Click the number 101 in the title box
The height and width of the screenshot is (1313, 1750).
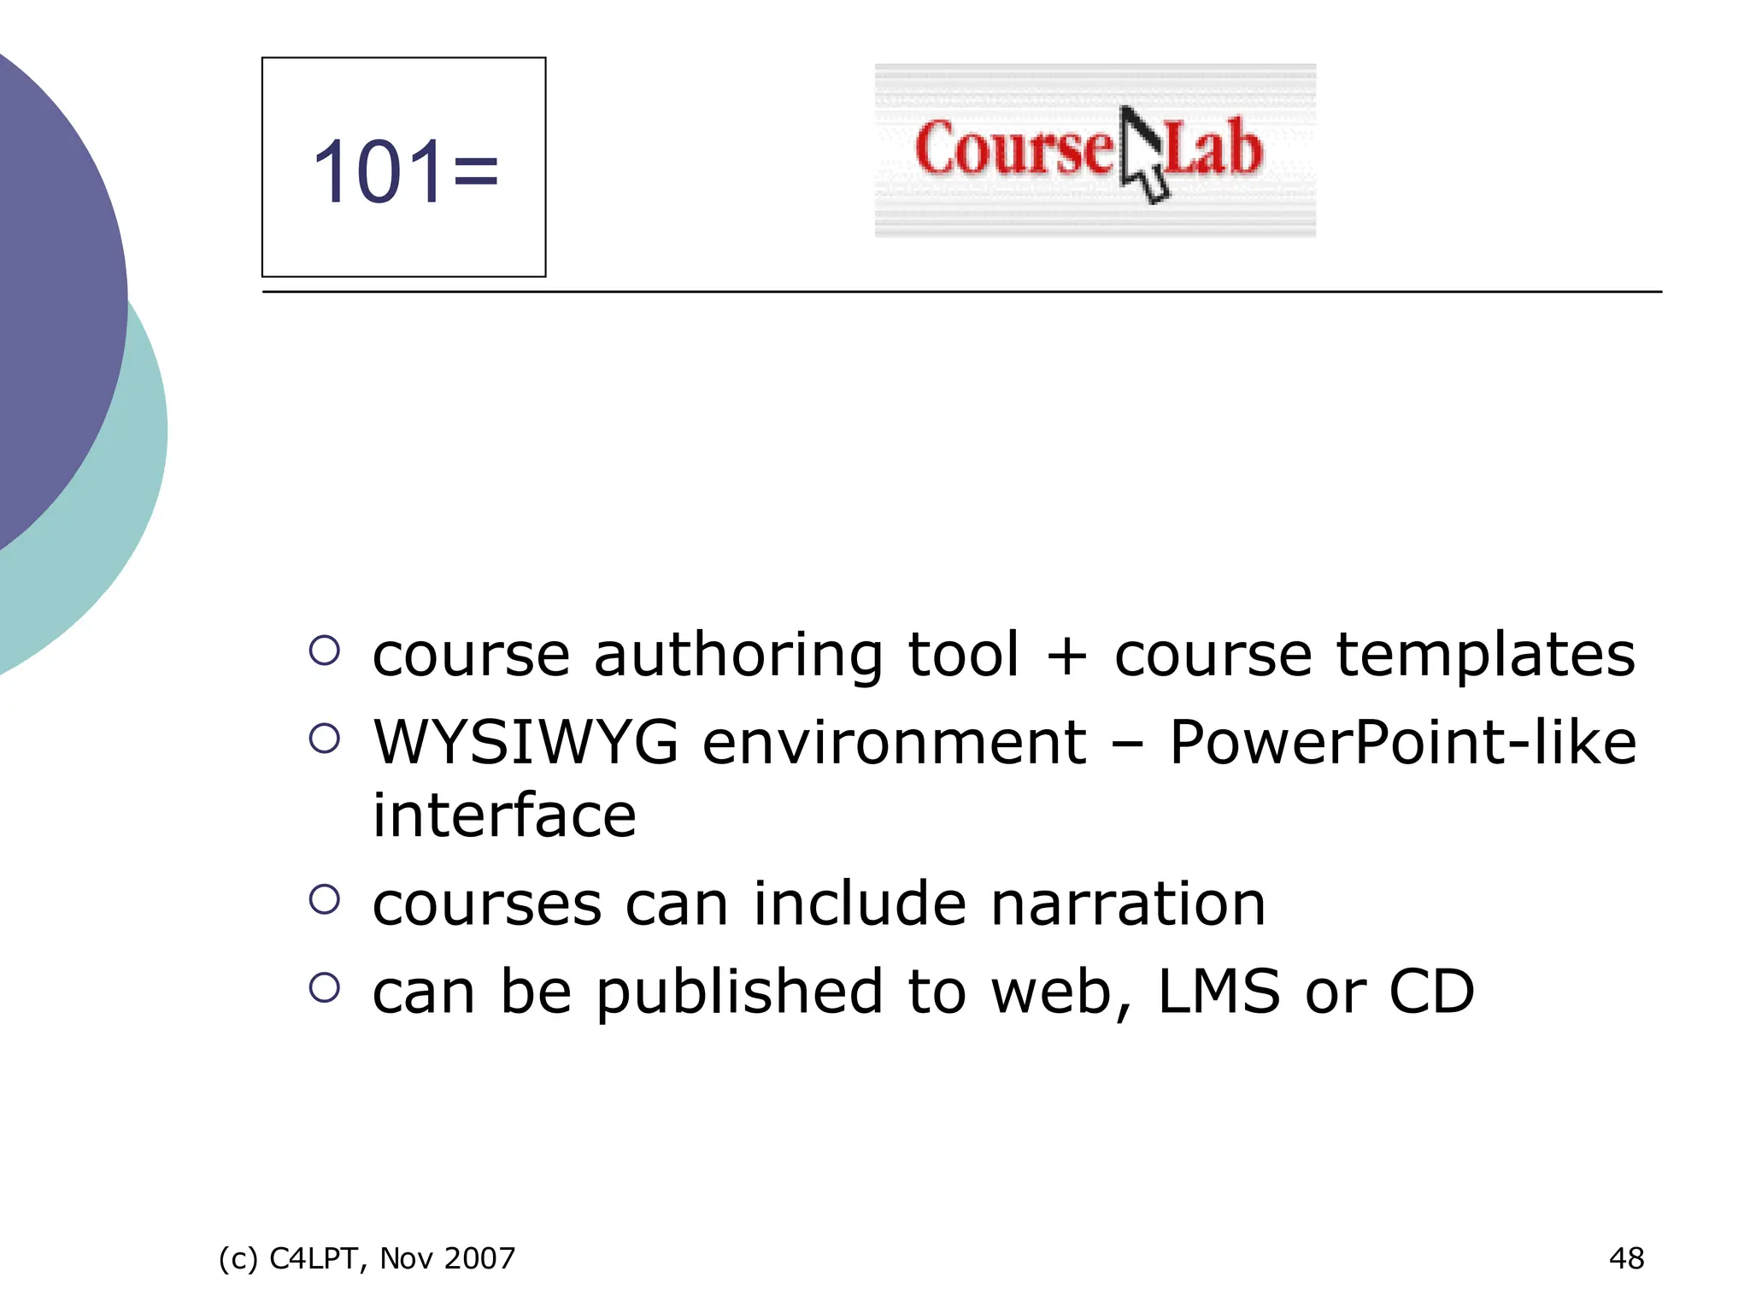click(378, 173)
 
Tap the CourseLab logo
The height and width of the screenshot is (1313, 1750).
click(1094, 150)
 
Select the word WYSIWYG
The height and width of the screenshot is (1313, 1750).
click(526, 742)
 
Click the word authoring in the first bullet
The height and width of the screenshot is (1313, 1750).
click(737, 655)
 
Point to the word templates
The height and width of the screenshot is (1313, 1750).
click(1485, 655)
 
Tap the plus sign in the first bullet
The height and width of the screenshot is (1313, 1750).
click(1066, 656)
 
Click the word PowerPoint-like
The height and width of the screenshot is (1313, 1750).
click(1402, 742)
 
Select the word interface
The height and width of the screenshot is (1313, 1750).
click(504, 815)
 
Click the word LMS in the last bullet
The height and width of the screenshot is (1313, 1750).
click(1219, 992)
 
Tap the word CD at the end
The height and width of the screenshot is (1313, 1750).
click(1432, 992)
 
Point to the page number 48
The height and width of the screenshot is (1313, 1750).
click(1626, 1258)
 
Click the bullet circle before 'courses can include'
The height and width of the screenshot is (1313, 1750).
click(325, 899)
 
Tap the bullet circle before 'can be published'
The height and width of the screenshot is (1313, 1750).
click(325, 987)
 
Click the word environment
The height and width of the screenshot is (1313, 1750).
click(895, 742)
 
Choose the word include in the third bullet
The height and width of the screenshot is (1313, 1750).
click(859, 904)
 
